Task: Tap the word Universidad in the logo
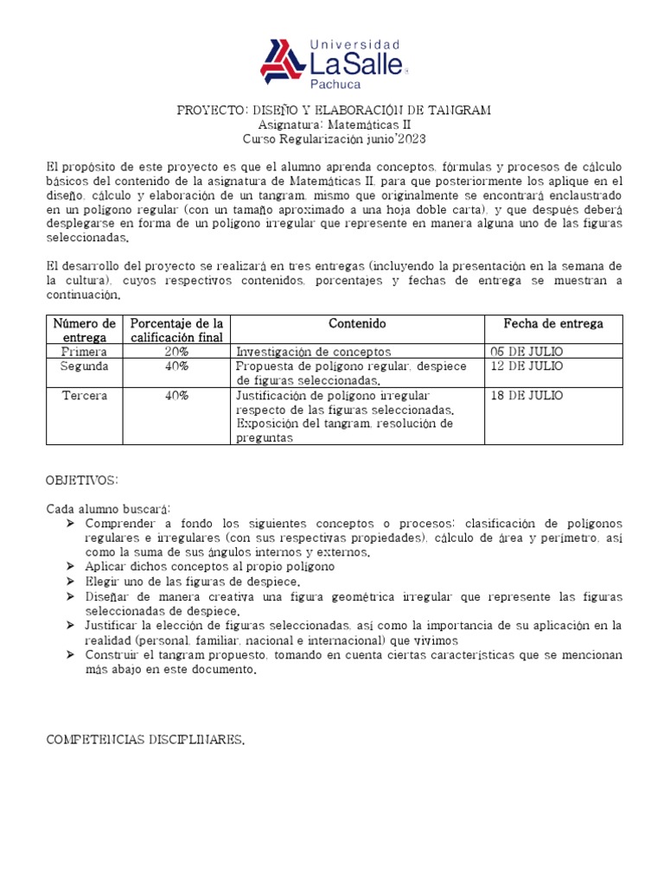(355, 44)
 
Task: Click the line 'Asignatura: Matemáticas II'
(334, 124)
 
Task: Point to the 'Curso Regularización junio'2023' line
(334, 138)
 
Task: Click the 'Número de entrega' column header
(84, 330)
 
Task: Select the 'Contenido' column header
(357, 323)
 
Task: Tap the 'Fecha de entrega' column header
(553, 323)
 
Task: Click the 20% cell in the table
(176, 352)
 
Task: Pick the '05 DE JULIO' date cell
(526, 352)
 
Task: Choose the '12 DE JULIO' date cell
(526, 366)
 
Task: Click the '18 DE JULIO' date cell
(526, 395)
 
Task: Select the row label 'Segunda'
(84, 366)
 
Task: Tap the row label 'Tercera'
(84, 395)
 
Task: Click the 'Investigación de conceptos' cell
(313, 352)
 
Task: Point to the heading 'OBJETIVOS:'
(82, 480)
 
